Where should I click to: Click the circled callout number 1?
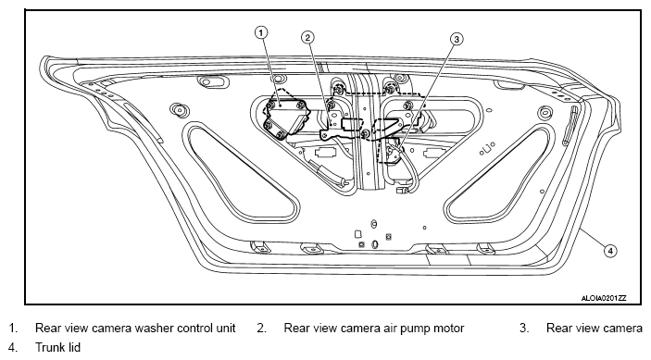point(261,32)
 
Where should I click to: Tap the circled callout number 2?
point(307,38)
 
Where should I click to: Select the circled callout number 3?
point(457,39)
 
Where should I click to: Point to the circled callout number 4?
point(610,251)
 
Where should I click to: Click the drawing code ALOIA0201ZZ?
point(604,298)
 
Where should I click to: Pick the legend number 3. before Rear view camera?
point(524,328)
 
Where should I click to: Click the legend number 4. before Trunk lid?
point(13,347)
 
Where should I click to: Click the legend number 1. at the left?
point(13,328)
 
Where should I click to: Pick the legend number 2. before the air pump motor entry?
point(261,328)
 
